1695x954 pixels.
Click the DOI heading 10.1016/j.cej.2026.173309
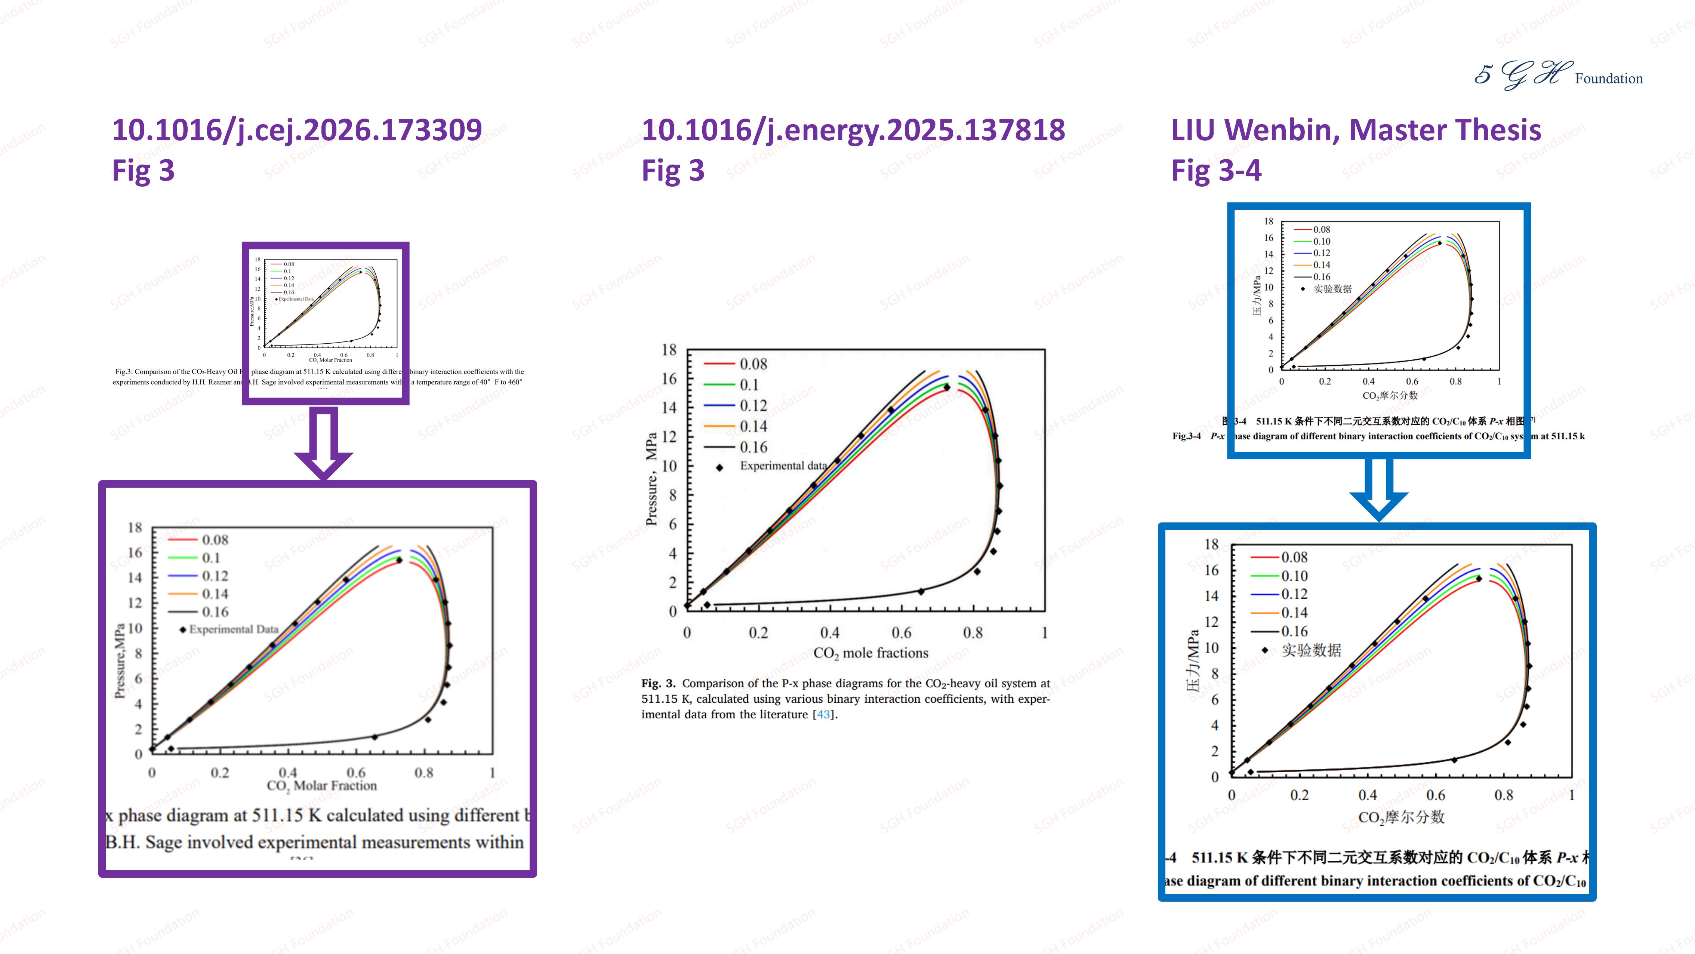click(297, 130)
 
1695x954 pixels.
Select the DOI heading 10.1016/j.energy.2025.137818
click(853, 130)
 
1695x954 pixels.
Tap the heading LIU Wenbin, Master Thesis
click(1356, 130)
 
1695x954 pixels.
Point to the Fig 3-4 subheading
click(1216, 171)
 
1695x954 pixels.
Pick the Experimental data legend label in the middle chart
click(783, 466)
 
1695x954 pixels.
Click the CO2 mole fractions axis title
click(870, 653)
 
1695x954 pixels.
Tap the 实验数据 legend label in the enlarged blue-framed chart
click(1311, 650)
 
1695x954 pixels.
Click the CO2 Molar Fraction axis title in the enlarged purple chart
click(322, 785)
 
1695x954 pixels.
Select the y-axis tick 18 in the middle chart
click(669, 350)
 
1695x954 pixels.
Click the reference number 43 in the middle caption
click(823, 714)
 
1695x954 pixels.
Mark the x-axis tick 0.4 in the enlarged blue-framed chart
click(1367, 795)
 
